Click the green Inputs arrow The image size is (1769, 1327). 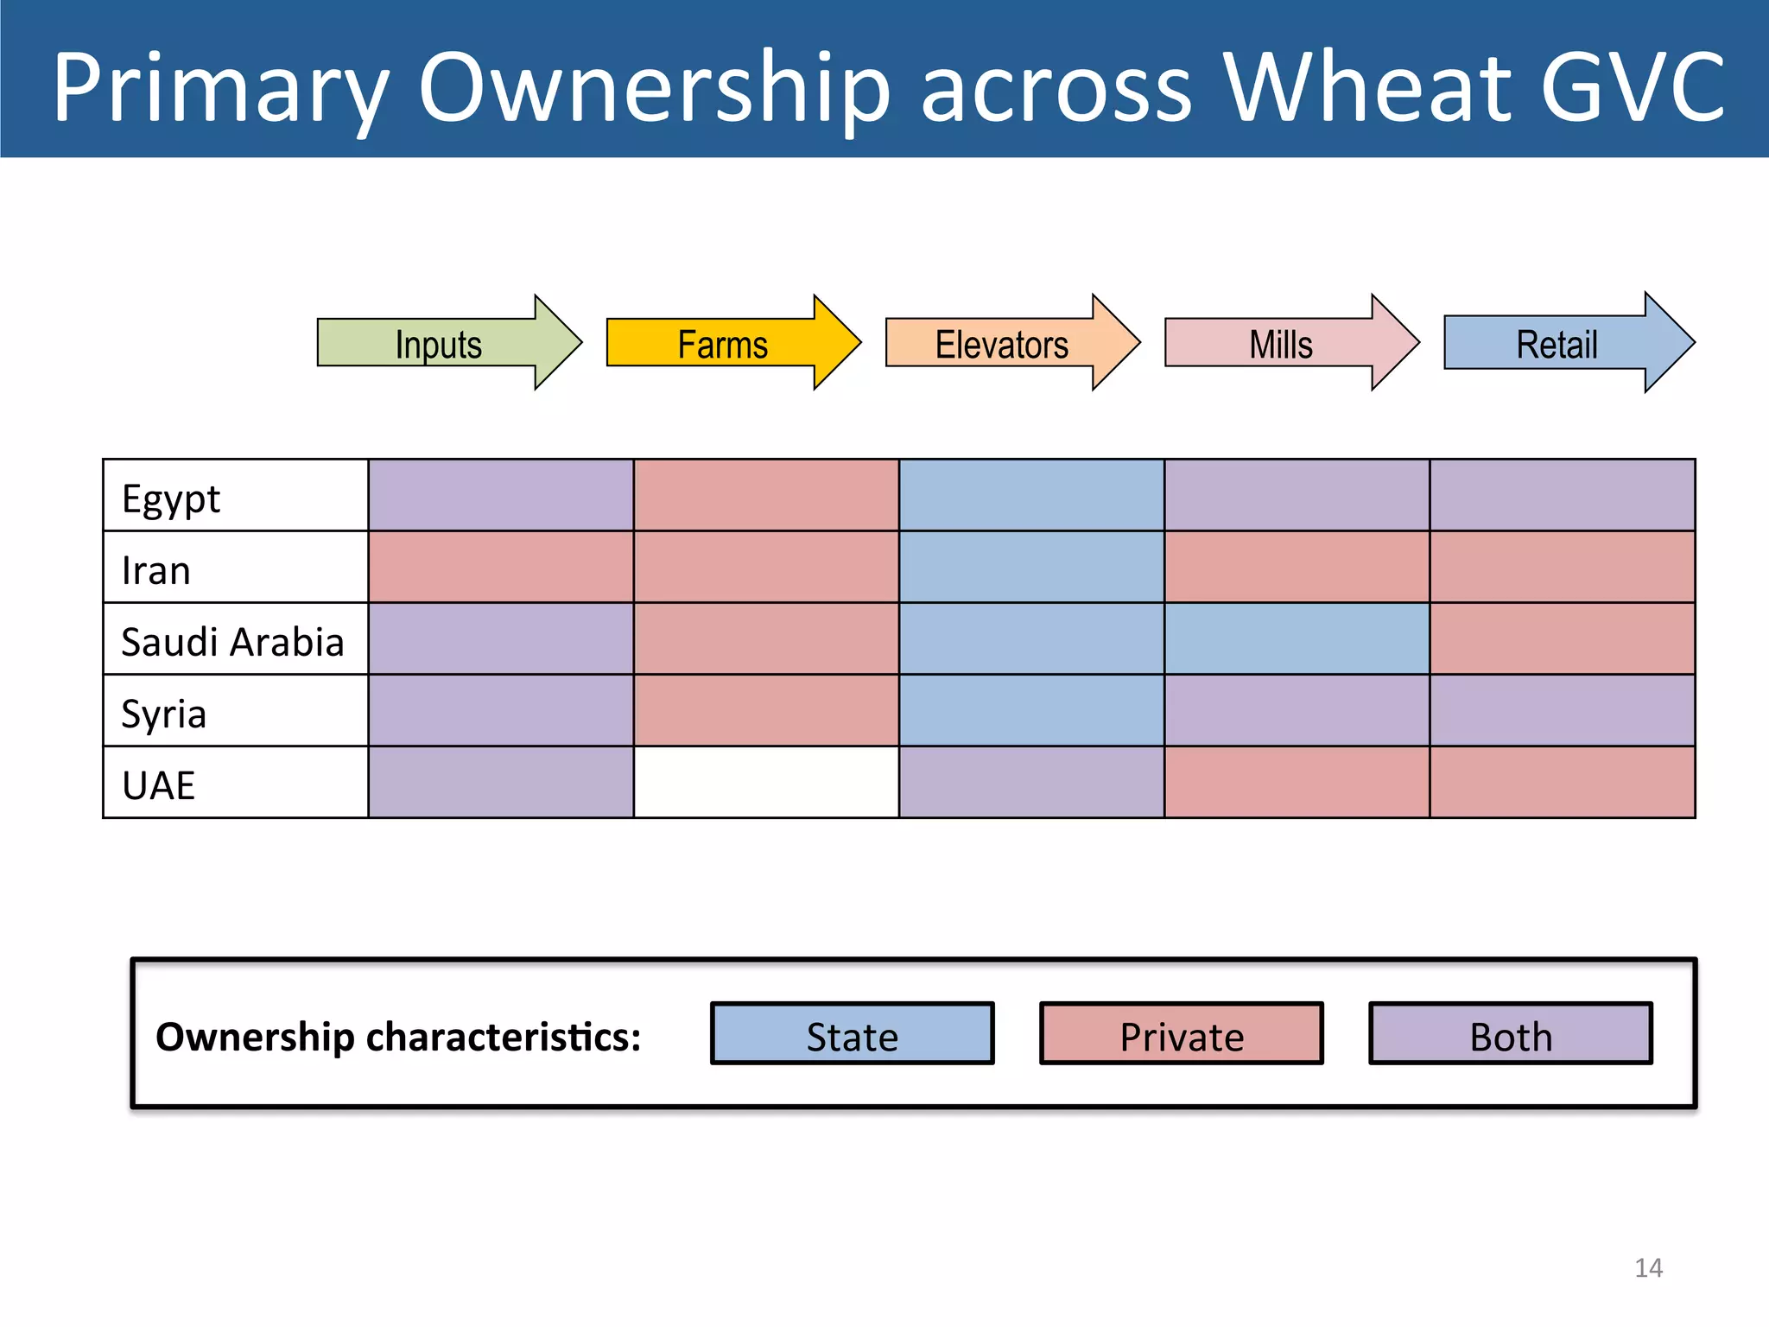tap(441, 344)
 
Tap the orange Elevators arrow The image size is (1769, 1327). tap(1003, 344)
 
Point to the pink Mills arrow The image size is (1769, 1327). tap(1282, 344)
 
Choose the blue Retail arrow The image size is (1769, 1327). tap(1558, 344)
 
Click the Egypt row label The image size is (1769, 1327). tap(171, 498)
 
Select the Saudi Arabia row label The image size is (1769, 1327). tap(232, 642)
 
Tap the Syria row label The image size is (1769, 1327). tap(164, 714)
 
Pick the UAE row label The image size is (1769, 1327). tap(159, 785)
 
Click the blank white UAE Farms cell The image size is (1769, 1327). tap(766, 782)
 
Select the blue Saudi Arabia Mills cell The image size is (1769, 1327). tap(1297, 638)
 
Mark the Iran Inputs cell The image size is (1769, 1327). tap(501, 567)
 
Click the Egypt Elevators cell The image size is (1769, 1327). tap(1031, 495)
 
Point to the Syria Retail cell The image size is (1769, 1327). tap(1562, 710)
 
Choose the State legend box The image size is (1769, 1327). tap(853, 1034)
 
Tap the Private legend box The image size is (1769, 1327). tap(1182, 1034)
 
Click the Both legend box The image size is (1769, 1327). tap(1511, 1034)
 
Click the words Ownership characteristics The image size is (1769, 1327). tap(398, 1037)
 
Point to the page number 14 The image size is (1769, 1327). tap(1648, 1267)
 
